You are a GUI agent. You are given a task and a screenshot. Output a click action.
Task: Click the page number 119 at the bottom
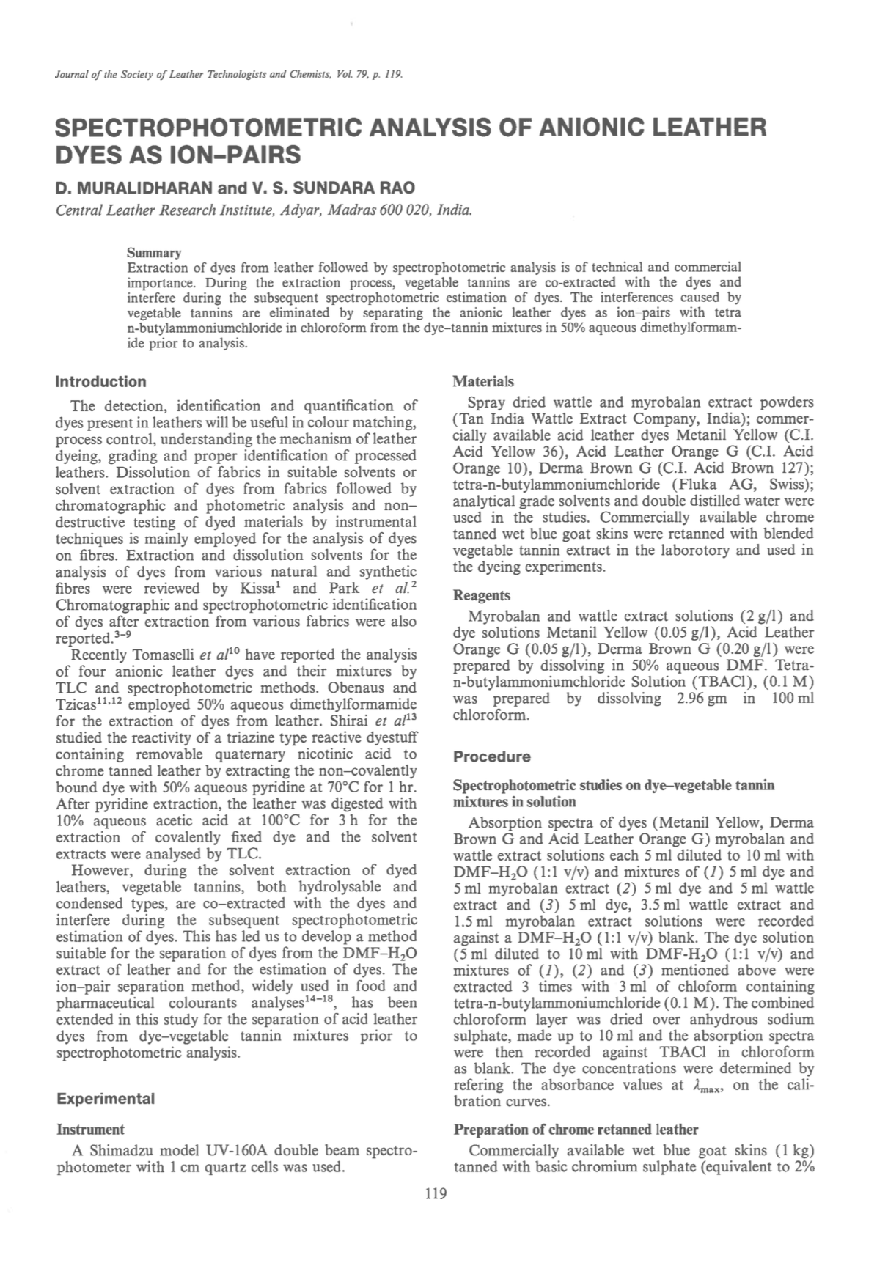[436, 1195]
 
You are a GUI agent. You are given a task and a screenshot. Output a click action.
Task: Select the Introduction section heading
[101, 382]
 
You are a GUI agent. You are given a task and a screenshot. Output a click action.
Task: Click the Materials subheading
[483, 382]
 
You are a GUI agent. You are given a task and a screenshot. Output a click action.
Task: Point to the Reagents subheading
[482, 596]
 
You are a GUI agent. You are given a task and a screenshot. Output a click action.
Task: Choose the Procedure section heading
[491, 756]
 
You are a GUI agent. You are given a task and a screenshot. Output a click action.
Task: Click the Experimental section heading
[106, 1099]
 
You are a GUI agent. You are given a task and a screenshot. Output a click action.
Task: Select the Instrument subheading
[90, 1130]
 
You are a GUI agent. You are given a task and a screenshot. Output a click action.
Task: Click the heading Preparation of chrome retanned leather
[576, 1130]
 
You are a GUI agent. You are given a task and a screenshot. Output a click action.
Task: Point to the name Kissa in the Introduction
[257, 589]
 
